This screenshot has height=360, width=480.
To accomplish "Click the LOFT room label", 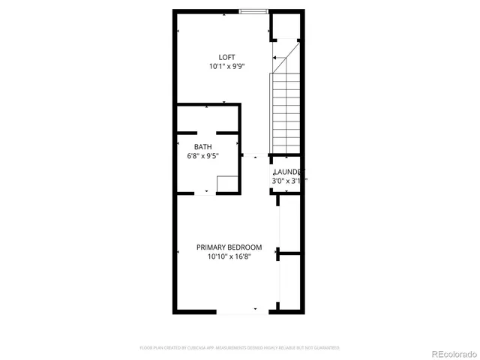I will (x=226, y=57).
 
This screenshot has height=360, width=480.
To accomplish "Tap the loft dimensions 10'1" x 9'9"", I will (x=227, y=67).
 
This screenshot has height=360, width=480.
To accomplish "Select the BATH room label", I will (x=202, y=147).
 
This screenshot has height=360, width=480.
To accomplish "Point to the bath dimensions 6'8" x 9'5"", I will (x=202, y=156).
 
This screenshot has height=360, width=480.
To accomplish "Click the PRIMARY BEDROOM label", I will (x=229, y=247).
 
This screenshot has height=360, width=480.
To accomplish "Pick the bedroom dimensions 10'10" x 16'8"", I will (x=229, y=256).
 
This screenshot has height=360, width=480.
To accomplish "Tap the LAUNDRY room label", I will (x=288, y=172).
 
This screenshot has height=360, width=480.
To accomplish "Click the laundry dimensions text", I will (x=288, y=181).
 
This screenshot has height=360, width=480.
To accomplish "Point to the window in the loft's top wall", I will (x=253, y=11).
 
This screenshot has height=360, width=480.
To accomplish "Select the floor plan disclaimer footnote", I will (x=240, y=348).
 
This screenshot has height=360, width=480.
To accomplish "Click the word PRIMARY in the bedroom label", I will (x=211, y=247).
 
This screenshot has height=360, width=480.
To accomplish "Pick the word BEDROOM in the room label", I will (x=245, y=247).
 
